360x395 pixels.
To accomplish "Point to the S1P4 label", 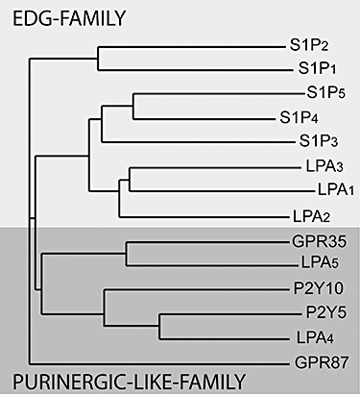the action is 300,118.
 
